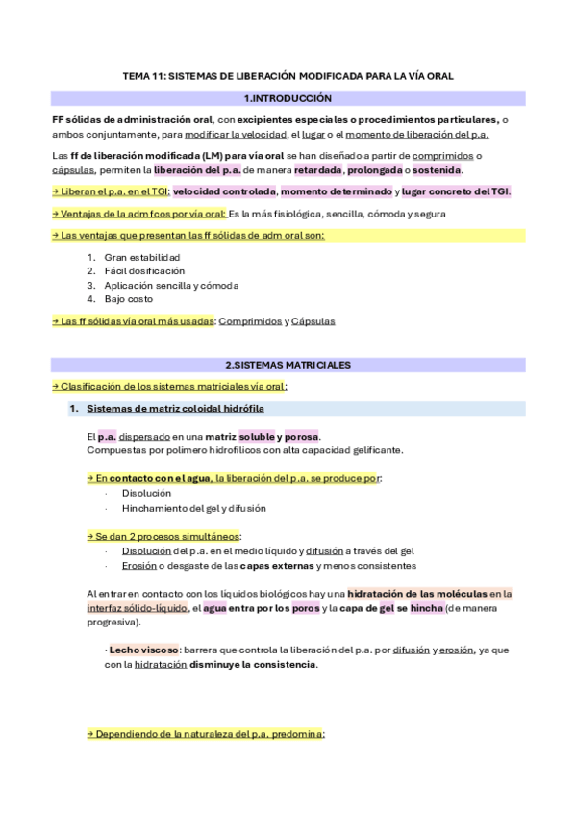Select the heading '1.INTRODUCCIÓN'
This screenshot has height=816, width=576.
click(x=288, y=98)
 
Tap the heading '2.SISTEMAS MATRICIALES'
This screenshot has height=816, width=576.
click(x=288, y=365)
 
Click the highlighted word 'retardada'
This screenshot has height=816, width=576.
click(x=317, y=170)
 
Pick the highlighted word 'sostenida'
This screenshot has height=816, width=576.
click(x=437, y=170)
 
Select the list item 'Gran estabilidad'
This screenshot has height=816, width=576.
click(x=142, y=257)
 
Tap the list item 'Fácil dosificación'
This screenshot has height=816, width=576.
click(x=144, y=271)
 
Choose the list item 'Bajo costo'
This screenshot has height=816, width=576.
click(x=129, y=299)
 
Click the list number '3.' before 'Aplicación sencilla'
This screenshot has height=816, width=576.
click(x=91, y=286)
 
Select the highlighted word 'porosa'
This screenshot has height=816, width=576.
click(x=302, y=436)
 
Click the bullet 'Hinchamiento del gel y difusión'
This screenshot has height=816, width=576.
click(x=193, y=507)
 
